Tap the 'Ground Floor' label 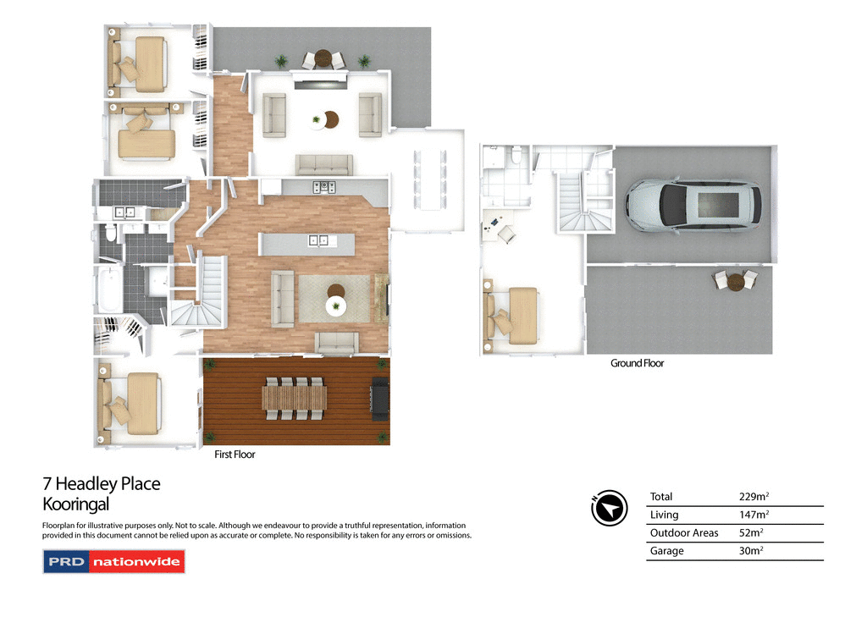(637, 363)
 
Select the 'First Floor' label (235, 454)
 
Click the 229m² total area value (755, 498)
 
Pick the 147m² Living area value (755, 515)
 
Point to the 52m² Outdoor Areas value (751, 533)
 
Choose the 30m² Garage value (751, 551)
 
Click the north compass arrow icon (608, 508)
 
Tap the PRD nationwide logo (113, 562)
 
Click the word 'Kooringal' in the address (76, 505)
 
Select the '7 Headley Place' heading (101, 484)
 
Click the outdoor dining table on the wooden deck (294, 398)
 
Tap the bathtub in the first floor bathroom (108, 290)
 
